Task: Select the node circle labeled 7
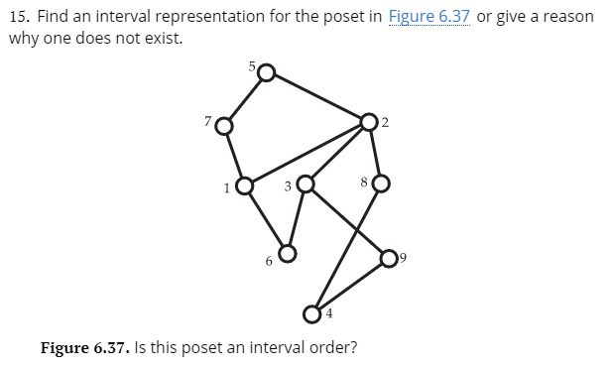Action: tap(225, 126)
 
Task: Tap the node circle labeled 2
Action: tap(369, 122)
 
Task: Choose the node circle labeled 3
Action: tap(306, 184)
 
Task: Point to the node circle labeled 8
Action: tap(381, 184)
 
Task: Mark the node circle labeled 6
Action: tap(287, 253)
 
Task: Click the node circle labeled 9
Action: tap(390, 259)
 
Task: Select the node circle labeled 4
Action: tap(312, 314)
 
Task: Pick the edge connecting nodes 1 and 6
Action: tap(266, 218)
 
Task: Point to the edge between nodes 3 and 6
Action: tap(297, 218)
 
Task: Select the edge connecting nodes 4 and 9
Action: tap(351, 287)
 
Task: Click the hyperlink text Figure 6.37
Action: tap(428, 18)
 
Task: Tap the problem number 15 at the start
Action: tap(17, 18)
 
